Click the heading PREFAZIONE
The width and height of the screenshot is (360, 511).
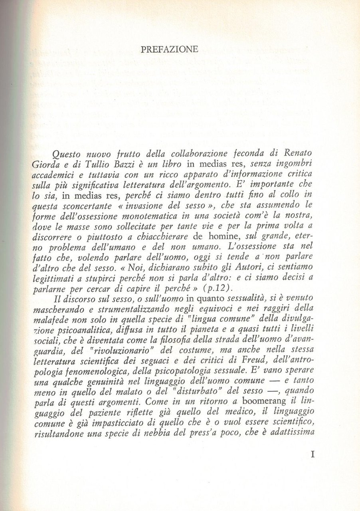(170, 50)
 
